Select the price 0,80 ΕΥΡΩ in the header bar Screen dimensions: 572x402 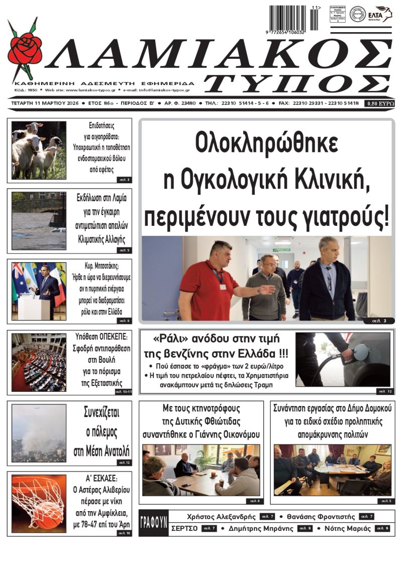pyautogui.click(x=380, y=104)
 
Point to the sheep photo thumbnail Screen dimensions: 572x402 pyautogui.click(x=39, y=150)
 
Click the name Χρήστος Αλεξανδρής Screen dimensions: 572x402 pyautogui.click(x=221, y=517)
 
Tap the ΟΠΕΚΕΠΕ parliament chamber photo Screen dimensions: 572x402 pyautogui.click(x=39, y=362)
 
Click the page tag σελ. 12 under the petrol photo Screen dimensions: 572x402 pyautogui.click(x=383, y=391)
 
